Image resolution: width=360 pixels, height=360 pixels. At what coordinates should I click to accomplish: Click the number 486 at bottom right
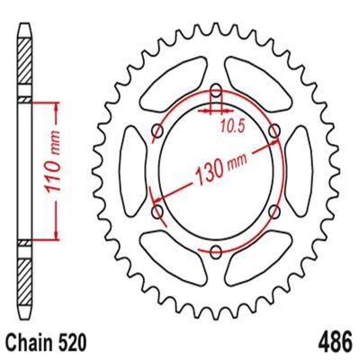tap(335, 342)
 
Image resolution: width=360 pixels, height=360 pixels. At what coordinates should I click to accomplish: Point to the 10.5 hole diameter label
tap(231, 127)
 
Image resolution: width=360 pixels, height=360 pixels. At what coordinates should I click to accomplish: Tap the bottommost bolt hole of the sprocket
tap(216, 251)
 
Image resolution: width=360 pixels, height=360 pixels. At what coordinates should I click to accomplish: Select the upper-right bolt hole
tap(274, 131)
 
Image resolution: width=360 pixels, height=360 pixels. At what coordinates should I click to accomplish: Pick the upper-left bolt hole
tap(157, 131)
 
